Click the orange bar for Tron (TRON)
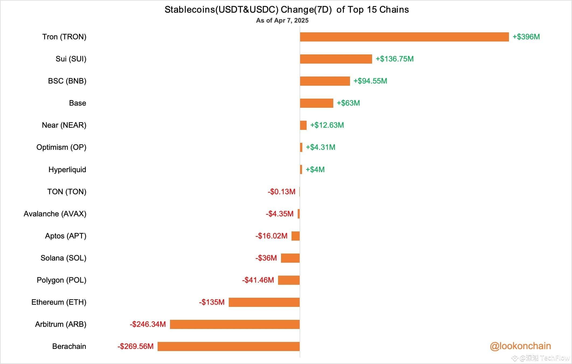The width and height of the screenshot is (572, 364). (404, 37)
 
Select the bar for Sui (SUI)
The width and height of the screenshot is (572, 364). (336, 59)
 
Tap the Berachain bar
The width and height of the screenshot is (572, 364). (228, 346)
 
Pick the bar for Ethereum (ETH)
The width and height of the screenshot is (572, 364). (264, 302)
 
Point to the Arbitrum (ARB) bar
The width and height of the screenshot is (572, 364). (235, 324)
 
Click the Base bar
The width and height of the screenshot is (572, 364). (316, 103)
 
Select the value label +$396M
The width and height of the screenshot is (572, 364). (526, 37)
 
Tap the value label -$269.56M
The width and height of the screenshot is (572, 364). (136, 346)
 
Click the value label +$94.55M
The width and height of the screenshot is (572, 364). (370, 81)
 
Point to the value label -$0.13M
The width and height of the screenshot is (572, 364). (281, 192)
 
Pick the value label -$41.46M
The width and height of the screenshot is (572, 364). (258, 280)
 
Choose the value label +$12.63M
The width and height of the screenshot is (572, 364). (327, 125)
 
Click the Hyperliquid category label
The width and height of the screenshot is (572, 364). (67, 170)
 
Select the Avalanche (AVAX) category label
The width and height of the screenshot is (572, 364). (55, 214)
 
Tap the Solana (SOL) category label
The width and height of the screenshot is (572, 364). (63, 258)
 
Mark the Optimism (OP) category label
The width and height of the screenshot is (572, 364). (61, 147)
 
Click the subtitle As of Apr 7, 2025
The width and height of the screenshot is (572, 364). (282, 20)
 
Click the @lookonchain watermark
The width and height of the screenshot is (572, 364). (520, 346)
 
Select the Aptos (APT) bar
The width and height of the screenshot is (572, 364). (295, 236)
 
